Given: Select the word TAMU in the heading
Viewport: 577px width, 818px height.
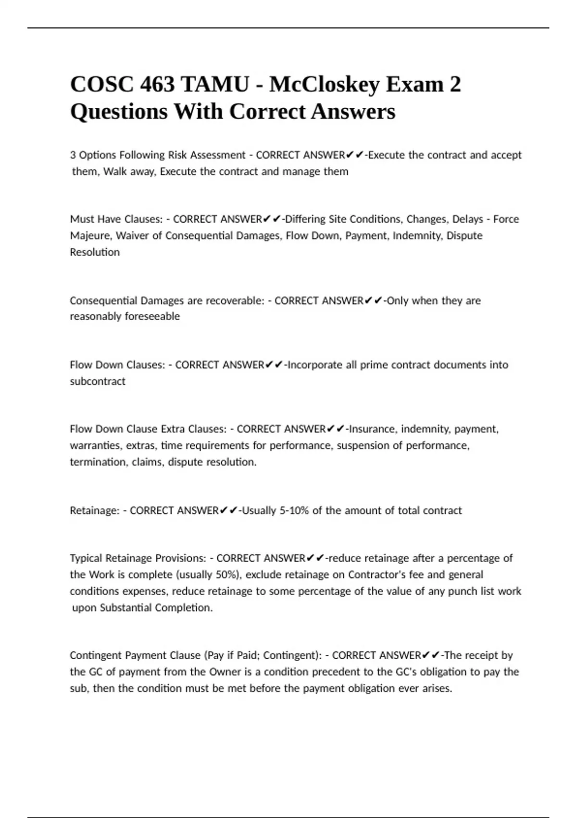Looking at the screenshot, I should click(215, 85).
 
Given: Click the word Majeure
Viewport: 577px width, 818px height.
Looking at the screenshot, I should click(90, 236).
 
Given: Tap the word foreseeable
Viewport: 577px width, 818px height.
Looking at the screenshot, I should click(152, 317).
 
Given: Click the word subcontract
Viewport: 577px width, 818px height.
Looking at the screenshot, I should click(98, 381).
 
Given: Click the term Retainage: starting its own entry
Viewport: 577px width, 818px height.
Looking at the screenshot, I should click(94, 511).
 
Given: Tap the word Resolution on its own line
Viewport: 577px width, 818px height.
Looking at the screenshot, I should click(95, 252).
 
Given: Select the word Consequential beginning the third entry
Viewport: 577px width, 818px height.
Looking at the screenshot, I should click(103, 301).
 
